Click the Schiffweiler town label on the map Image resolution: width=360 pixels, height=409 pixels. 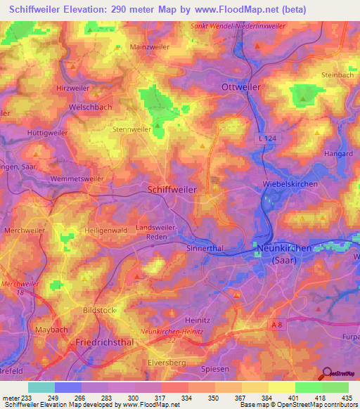pyautogui.click(x=172, y=189)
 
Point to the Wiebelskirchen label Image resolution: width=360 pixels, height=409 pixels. pyautogui.click(x=290, y=184)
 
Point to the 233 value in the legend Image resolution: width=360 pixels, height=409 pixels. pyautogui.click(x=27, y=398)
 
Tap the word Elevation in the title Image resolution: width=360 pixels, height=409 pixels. pyautogui.click(x=84, y=10)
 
